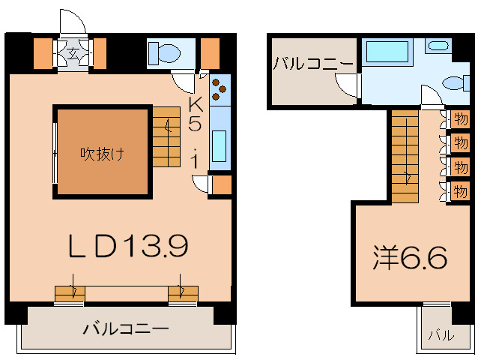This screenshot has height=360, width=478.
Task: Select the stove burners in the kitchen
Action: pos(220,89)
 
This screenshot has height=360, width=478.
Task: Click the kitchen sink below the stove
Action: pos(220,142)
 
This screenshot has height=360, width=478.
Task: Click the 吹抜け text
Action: pos(103,154)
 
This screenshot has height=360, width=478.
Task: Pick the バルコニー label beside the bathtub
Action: pos(313,64)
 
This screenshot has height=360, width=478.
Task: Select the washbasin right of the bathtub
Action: pos(437,46)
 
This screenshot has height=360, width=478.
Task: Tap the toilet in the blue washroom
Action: pos(454,84)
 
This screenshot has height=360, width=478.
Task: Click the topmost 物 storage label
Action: pos(459,118)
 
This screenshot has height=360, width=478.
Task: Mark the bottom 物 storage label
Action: pos(459,190)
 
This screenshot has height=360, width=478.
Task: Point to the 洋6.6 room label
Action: pos(411,258)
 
